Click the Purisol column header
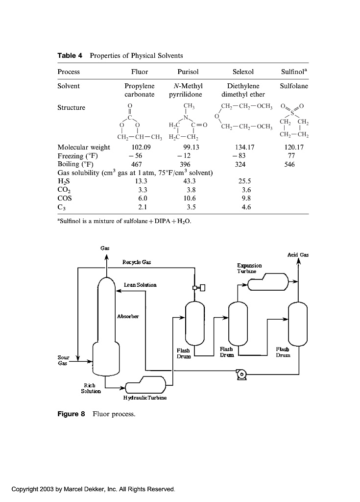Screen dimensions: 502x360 coord(188,72)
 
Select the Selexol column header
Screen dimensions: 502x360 coord(243,72)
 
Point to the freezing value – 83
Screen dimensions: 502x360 coord(240,156)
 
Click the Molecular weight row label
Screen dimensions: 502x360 coord(84,147)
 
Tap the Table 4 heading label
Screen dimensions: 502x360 coord(69,55)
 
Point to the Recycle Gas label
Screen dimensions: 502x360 coord(137,262)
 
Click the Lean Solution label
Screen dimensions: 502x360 coord(140,284)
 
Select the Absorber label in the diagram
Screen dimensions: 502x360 coord(128,316)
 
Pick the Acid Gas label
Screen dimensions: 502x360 coord(299,255)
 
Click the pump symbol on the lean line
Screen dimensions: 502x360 coord(241,375)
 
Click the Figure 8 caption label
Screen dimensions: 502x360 coord(72,414)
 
